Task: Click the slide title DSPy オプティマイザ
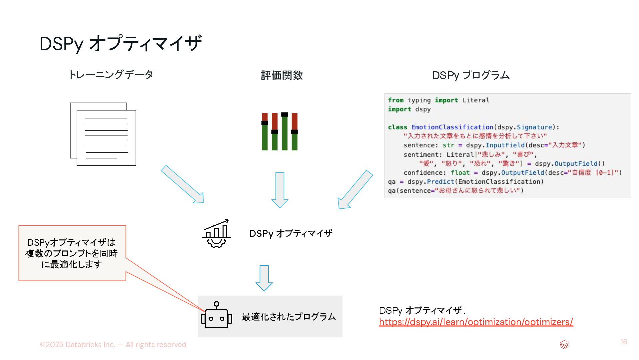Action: point(121,44)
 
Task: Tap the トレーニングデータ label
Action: point(111,75)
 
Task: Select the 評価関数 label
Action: point(282,75)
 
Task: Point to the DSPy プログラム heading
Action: point(471,75)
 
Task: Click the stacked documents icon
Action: point(103,134)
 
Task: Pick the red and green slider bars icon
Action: point(280,131)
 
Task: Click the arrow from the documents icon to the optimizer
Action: point(183,184)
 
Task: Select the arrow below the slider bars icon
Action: point(280,190)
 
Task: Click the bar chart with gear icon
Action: point(217,233)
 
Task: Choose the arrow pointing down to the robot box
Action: point(264,278)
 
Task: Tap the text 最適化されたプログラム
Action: point(289,317)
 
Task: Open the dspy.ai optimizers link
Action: point(476,322)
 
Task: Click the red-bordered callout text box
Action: point(72,253)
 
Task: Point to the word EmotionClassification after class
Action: point(452,127)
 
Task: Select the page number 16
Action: point(624,342)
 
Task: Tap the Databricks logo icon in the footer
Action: point(564,345)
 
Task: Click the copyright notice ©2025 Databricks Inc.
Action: point(113,345)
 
